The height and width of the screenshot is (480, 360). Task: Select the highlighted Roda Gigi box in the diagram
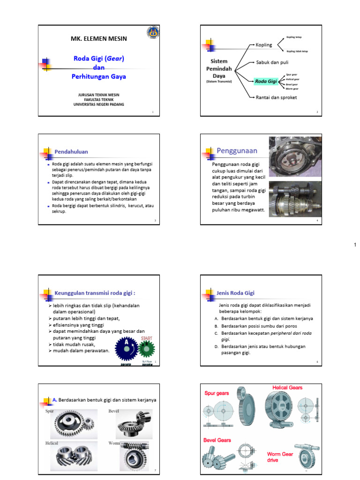click(265, 81)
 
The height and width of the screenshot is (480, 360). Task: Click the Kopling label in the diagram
click(264, 45)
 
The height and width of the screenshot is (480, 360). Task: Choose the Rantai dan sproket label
click(276, 97)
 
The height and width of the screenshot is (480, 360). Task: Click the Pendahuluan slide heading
click(71, 151)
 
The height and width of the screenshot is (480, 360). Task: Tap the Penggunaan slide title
click(237, 150)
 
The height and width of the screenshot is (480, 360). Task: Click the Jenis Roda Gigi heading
click(235, 293)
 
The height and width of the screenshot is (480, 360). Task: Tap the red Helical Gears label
click(287, 388)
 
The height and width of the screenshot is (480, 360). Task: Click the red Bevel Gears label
click(217, 440)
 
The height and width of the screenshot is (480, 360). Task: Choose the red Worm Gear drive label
click(280, 457)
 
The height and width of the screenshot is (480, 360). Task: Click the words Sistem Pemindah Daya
click(219, 68)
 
